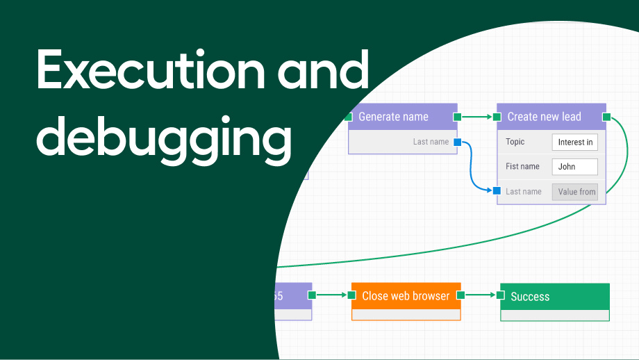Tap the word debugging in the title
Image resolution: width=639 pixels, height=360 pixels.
click(x=164, y=138)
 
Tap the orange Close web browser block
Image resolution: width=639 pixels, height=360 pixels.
click(x=406, y=296)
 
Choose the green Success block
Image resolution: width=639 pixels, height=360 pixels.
click(x=554, y=297)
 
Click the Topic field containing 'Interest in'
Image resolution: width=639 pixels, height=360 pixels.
click(x=575, y=142)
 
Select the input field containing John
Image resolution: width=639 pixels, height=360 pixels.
click(x=574, y=167)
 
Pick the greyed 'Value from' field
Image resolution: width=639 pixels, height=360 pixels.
click(x=575, y=192)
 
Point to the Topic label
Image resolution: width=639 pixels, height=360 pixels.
click(x=515, y=142)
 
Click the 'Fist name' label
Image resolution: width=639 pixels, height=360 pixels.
click(x=522, y=167)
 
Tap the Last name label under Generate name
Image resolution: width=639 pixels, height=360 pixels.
click(x=431, y=142)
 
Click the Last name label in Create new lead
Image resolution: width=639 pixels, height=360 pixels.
click(x=524, y=192)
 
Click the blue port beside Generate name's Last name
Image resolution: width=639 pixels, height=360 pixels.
click(x=457, y=142)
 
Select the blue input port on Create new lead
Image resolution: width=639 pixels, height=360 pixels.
click(x=497, y=191)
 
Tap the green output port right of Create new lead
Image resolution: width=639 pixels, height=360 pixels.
click(x=606, y=117)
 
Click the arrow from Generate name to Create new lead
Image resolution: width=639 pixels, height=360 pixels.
click(x=477, y=117)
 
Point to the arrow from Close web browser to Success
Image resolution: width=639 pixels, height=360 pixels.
click(x=481, y=295)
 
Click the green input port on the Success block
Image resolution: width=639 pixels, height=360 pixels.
click(x=501, y=295)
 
